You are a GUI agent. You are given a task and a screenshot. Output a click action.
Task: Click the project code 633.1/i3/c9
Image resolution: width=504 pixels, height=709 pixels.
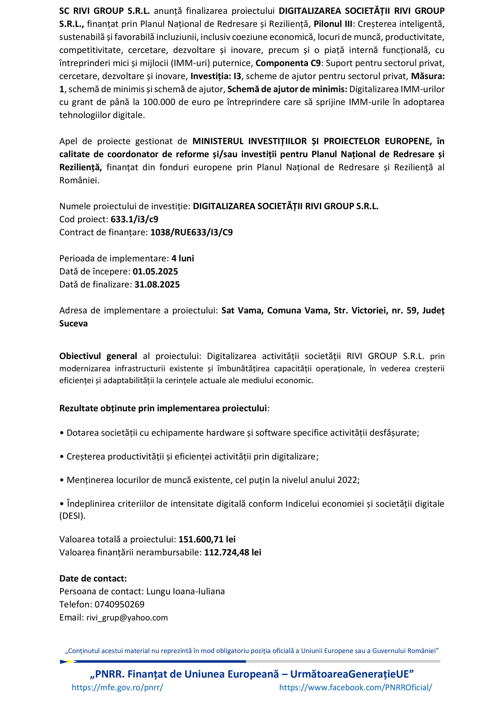click(134, 219)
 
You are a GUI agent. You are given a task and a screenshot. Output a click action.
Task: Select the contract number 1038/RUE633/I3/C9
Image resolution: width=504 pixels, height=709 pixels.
click(191, 232)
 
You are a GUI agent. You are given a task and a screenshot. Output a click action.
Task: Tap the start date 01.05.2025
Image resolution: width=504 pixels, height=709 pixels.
click(155, 271)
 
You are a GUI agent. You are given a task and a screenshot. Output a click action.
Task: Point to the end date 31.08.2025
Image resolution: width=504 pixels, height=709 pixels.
click(157, 284)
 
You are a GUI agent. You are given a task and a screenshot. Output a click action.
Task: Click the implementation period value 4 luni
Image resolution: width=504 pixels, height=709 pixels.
click(182, 258)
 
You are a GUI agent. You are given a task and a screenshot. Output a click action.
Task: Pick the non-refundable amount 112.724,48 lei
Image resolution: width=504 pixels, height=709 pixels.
click(232, 552)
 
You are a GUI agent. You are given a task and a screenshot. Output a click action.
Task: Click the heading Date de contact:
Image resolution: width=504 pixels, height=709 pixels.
click(93, 578)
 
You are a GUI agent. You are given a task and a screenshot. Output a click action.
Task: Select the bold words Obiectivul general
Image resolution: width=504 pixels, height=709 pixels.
click(98, 356)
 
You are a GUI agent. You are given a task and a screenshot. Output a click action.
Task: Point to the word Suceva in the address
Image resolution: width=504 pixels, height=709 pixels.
click(74, 324)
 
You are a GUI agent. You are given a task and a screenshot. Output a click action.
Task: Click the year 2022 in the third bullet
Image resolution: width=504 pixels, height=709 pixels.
click(347, 480)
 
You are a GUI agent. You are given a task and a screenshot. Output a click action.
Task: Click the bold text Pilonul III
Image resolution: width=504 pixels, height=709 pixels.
click(333, 24)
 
